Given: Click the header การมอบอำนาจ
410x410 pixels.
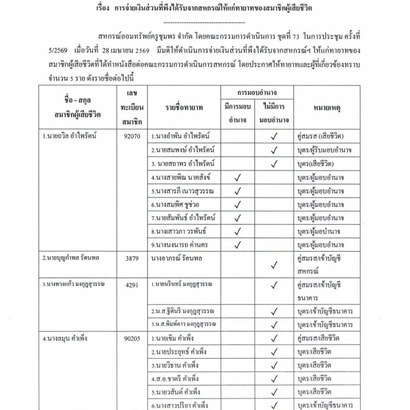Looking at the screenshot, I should pos(256,93).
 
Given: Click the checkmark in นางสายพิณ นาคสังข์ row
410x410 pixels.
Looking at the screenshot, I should pos(237,177).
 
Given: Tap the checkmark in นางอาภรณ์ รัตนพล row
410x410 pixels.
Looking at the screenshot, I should pos(274,264).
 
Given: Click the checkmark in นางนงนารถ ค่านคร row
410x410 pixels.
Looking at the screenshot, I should pos(237,244).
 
